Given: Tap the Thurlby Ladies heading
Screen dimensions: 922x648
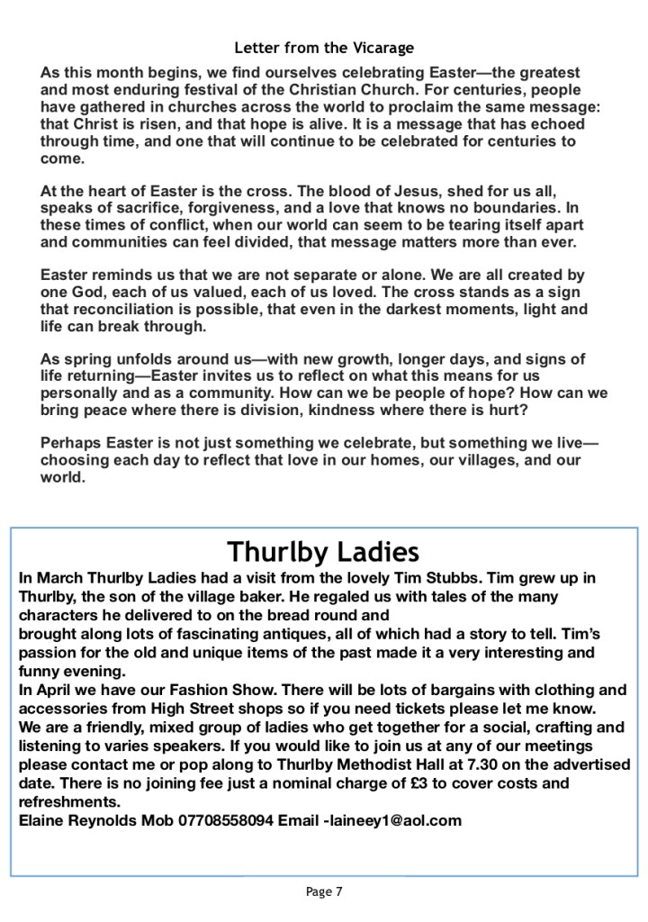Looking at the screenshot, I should [323, 550].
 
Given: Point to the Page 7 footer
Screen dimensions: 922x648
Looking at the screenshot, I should [324, 892].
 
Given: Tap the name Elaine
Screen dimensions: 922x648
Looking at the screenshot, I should [43, 820].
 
